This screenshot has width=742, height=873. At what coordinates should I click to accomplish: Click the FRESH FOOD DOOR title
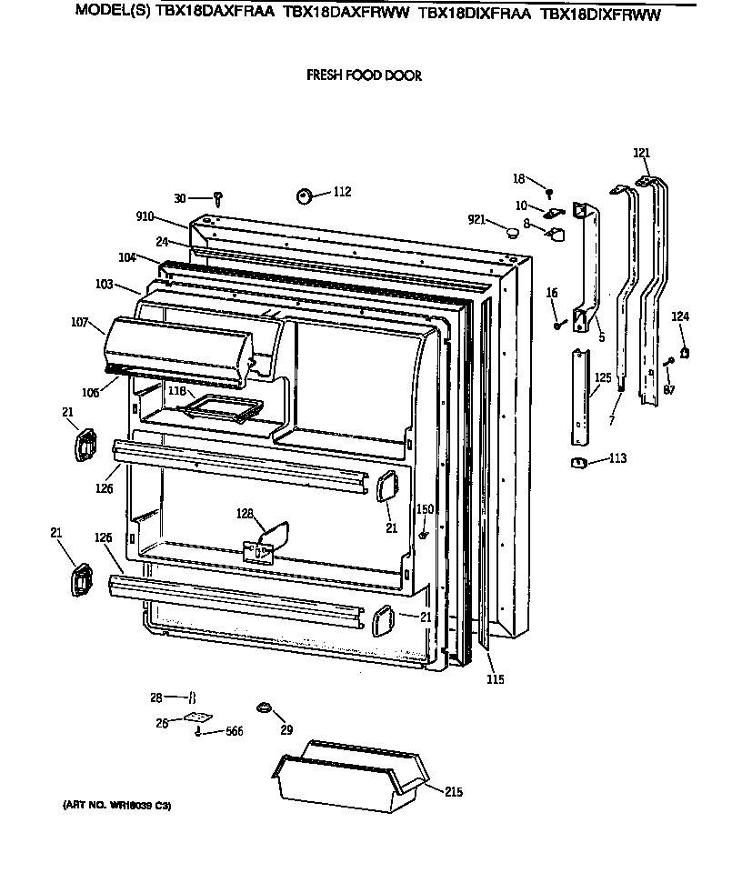364,76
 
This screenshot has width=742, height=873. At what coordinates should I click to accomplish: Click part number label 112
341,192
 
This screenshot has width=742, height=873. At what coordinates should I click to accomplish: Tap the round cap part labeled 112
304,196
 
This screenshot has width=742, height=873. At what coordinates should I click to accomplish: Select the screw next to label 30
218,198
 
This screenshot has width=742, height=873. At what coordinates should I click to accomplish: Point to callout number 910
145,217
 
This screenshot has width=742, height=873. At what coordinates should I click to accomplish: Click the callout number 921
478,221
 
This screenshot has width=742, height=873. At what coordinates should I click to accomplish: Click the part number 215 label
453,792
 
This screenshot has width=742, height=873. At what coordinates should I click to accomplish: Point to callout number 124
680,316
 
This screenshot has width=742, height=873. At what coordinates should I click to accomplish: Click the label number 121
642,154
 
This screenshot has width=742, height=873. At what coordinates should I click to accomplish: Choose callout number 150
425,509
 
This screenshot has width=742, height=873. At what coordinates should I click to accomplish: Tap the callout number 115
495,679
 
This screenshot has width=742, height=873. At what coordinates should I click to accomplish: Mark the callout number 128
246,514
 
